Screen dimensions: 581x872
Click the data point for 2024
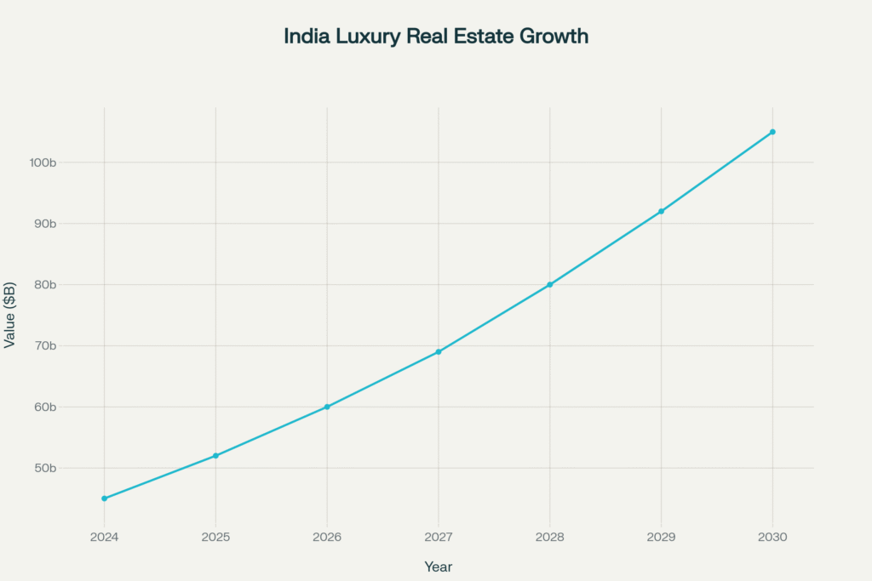click(x=104, y=498)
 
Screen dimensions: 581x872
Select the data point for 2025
click(x=215, y=456)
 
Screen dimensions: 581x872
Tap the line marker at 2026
click(x=327, y=407)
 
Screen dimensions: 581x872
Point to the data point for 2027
click(x=439, y=351)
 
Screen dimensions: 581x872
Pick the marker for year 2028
click(x=550, y=284)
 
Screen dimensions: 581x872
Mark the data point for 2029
click(x=661, y=211)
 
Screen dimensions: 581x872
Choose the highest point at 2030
click(x=772, y=132)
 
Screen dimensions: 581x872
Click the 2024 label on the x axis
click(x=104, y=538)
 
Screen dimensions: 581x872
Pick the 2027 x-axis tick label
click(x=439, y=538)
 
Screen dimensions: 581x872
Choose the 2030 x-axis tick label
click(x=772, y=538)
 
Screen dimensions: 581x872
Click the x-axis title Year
click(x=439, y=567)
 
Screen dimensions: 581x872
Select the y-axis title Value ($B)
click(x=10, y=315)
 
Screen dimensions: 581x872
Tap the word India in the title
click(x=303, y=37)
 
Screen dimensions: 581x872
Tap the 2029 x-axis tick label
click(x=661, y=538)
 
